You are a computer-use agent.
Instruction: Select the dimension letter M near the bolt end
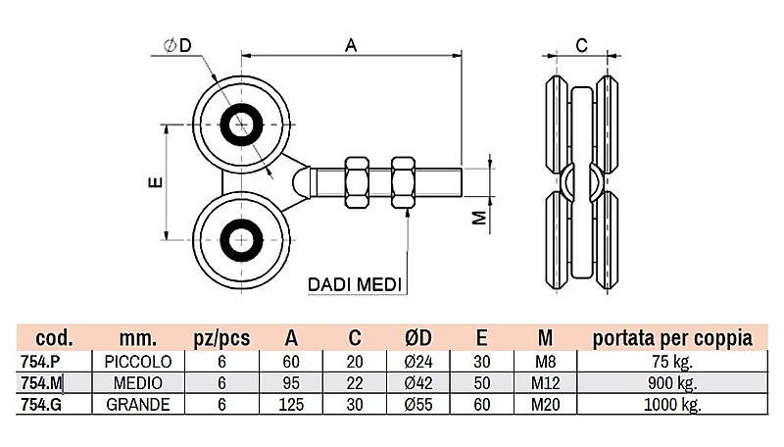click(x=479, y=218)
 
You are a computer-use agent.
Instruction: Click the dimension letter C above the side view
click(x=580, y=44)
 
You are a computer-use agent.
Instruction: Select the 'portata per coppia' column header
click(x=672, y=338)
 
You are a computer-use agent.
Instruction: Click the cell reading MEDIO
click(x=137, y=382)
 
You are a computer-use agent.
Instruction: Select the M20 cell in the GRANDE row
click(x=545, y=404)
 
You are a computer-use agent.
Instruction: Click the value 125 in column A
click(x=291, y=404)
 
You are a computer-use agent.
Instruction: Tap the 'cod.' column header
click(x=48, y=338)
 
